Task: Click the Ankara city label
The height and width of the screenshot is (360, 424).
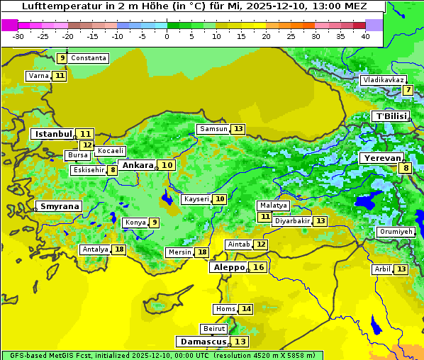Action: click(137, 165)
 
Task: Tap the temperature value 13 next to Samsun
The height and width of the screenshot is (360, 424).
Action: click(238, 129)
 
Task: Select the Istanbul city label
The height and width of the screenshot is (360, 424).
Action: click(54, 133)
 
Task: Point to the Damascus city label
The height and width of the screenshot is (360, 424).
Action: click(203, 342)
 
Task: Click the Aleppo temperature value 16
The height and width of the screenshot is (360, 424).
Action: click(258, 267)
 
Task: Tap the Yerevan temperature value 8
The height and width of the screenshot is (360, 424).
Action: click(405, 168)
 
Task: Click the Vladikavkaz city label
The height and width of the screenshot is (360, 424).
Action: click(383, 80)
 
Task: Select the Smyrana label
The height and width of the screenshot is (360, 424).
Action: click(60, 206)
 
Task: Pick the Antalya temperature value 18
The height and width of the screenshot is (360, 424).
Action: click(119, 249)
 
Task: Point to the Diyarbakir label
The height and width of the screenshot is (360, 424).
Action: click(292, 221)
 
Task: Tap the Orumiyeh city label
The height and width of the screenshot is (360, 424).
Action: click(395, 232)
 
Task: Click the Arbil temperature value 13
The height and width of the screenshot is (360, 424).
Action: click(401, 269)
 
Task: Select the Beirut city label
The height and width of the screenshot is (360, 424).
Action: click(214, 329)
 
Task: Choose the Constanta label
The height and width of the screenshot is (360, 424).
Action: click(89, 58)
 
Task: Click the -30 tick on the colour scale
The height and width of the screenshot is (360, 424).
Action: click(18, 36)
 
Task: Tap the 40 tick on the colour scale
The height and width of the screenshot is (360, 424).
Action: click(365, 36)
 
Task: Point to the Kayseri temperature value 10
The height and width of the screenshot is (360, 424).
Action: click(221, 199)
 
